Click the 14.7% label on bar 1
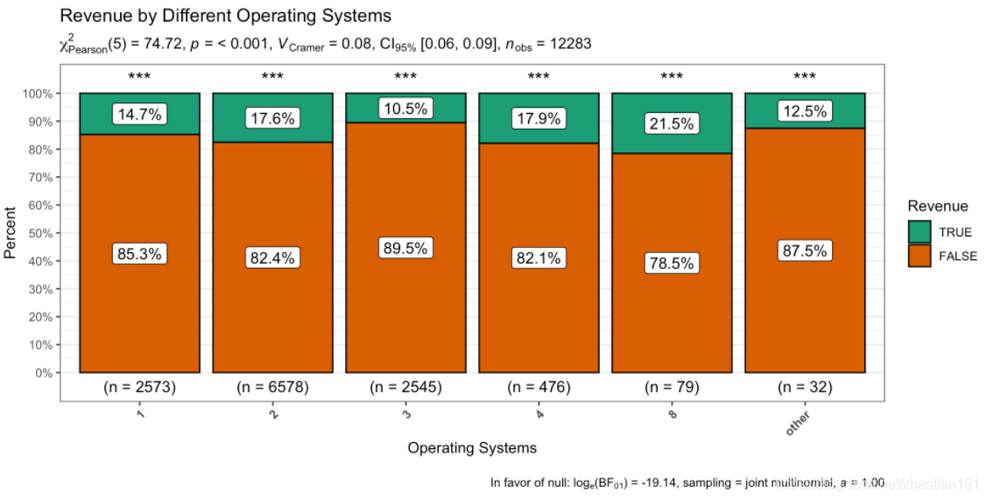139,114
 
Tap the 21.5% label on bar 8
672,123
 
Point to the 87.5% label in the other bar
805,250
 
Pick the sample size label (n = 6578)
272,387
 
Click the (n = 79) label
672,387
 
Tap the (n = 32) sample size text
805,387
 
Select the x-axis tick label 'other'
799,424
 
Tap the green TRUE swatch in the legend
919,232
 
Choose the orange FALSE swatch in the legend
919,256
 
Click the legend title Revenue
938,207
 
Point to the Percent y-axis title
11,232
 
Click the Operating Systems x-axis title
472,448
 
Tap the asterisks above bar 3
405,77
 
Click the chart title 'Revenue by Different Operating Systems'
225,16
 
